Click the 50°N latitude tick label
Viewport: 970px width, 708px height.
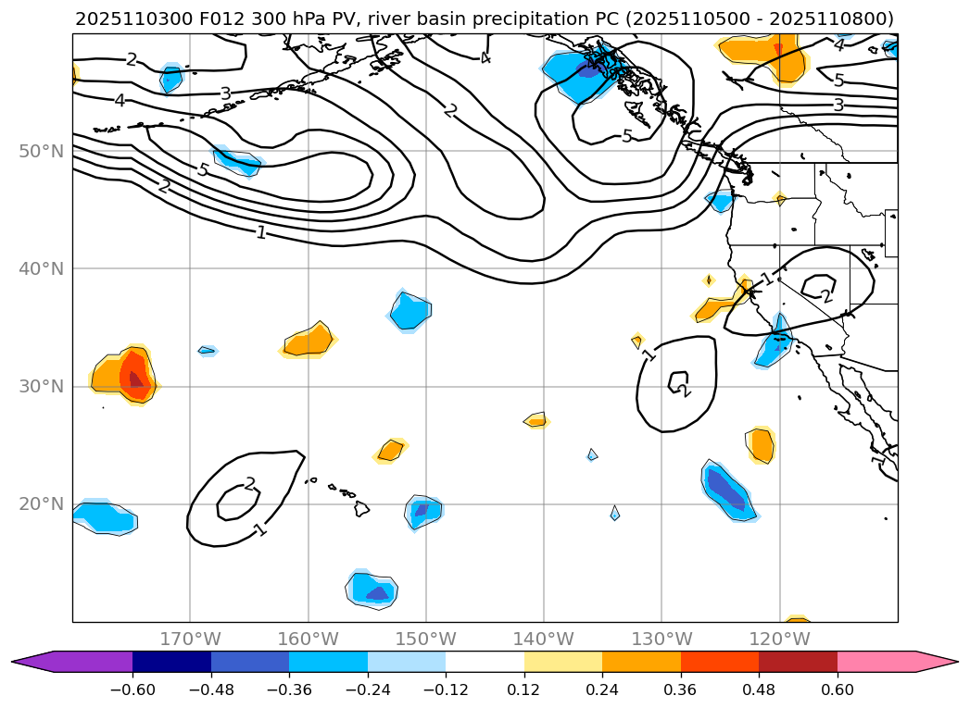(41, 151)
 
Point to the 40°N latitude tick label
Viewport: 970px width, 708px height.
(41, 268)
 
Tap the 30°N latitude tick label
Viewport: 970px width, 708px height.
(41, 386)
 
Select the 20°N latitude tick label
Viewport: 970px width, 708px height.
(41, 504)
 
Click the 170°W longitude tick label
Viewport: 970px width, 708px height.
(190, 639)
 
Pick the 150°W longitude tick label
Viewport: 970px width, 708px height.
(426, 639)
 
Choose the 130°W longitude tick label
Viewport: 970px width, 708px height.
(661, 639)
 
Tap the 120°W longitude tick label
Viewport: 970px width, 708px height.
(779, 639)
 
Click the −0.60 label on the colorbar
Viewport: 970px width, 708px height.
(132, 689)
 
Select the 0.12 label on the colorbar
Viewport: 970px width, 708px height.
(524, 689)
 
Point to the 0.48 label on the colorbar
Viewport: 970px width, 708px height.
(759, 689)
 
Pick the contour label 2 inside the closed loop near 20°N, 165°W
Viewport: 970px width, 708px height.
(249, 484)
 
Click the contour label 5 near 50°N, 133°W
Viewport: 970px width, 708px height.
(627, 136)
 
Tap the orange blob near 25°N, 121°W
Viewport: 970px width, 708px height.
(762, 445)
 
